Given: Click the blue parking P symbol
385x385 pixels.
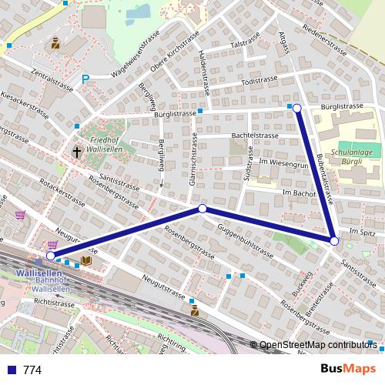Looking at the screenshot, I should coord(86,78).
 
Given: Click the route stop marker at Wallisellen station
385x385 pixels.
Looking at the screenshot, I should coord(51,256).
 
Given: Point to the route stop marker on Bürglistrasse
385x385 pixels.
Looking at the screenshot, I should coord(297,109).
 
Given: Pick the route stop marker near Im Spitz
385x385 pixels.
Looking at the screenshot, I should coord(333,241).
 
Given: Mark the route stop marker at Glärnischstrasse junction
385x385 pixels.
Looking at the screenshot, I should coord(203,209).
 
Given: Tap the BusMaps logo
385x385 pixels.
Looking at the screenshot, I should coord(347,369).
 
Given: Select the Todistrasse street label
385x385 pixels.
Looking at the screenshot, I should coord(258,81).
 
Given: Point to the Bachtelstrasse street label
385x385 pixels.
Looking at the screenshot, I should coord(254,136).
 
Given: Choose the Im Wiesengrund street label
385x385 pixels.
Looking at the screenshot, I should coord(283,163).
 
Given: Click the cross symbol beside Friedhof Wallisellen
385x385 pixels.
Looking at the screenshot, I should coord(77,152).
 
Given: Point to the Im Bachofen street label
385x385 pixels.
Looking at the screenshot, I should coord(300,192).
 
